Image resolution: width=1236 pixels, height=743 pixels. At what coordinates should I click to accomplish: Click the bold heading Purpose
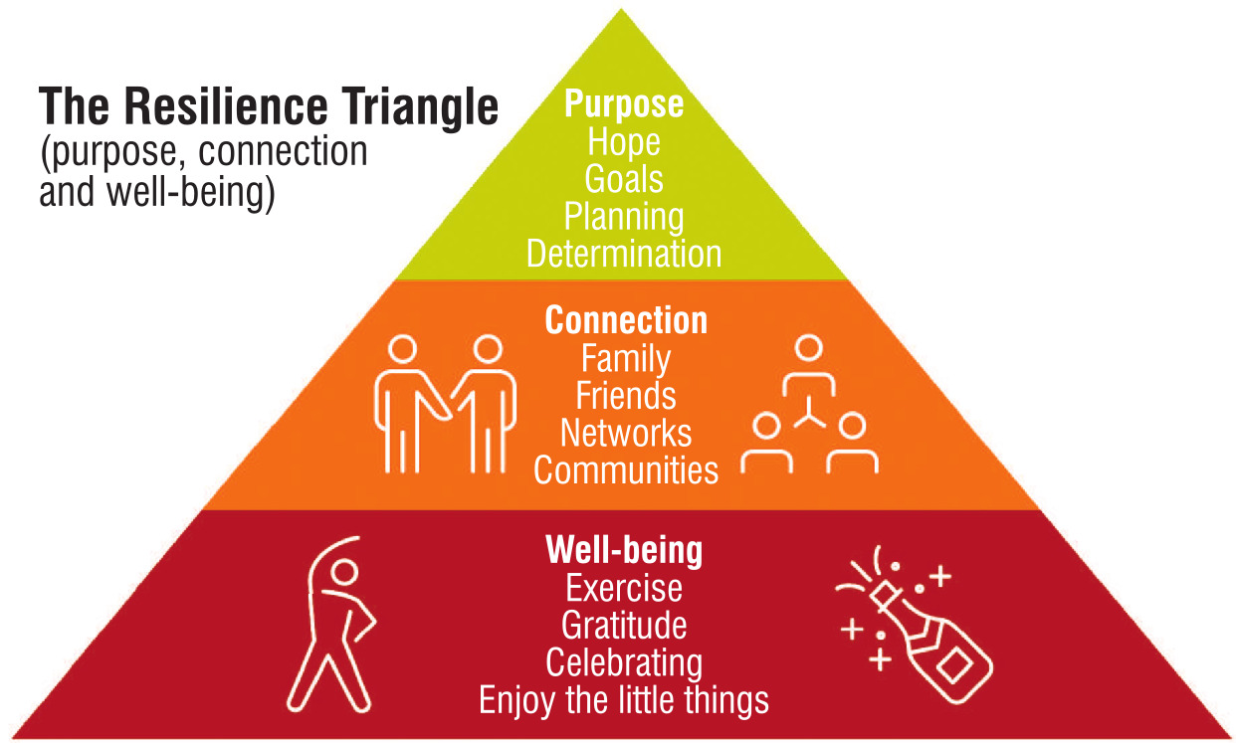click(x=624, y=104)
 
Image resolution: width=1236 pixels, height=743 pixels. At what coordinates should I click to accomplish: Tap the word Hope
click(x=624, y=142)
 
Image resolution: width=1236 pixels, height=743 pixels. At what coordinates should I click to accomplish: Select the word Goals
click(x=624, y=179)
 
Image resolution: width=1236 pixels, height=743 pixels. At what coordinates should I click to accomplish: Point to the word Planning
click(x=624, y=217)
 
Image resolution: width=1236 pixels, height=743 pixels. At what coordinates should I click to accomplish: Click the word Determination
click(x=624, y=254)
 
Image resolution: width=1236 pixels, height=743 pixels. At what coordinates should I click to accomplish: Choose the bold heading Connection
click(x=626, y=320)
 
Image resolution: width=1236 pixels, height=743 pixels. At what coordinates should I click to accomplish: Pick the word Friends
click(x=626, y=396)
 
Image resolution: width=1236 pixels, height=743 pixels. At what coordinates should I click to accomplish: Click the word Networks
click(x=626, y=433)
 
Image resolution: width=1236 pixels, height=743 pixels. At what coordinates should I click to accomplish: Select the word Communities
click(x=626, y=469)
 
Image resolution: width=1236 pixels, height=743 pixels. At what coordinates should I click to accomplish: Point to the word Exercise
click(x=624, y=588)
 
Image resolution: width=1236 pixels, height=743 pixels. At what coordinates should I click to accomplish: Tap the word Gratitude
click(x=624, y=625)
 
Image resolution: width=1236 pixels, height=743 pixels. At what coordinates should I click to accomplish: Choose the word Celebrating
click(x=624, y=663)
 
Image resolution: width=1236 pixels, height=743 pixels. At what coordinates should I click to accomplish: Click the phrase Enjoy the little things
click(x=624, y=701)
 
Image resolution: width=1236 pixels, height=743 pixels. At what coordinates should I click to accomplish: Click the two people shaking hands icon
click(x=445, y=404)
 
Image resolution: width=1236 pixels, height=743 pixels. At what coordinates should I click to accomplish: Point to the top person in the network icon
click(x=809, y=364)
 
